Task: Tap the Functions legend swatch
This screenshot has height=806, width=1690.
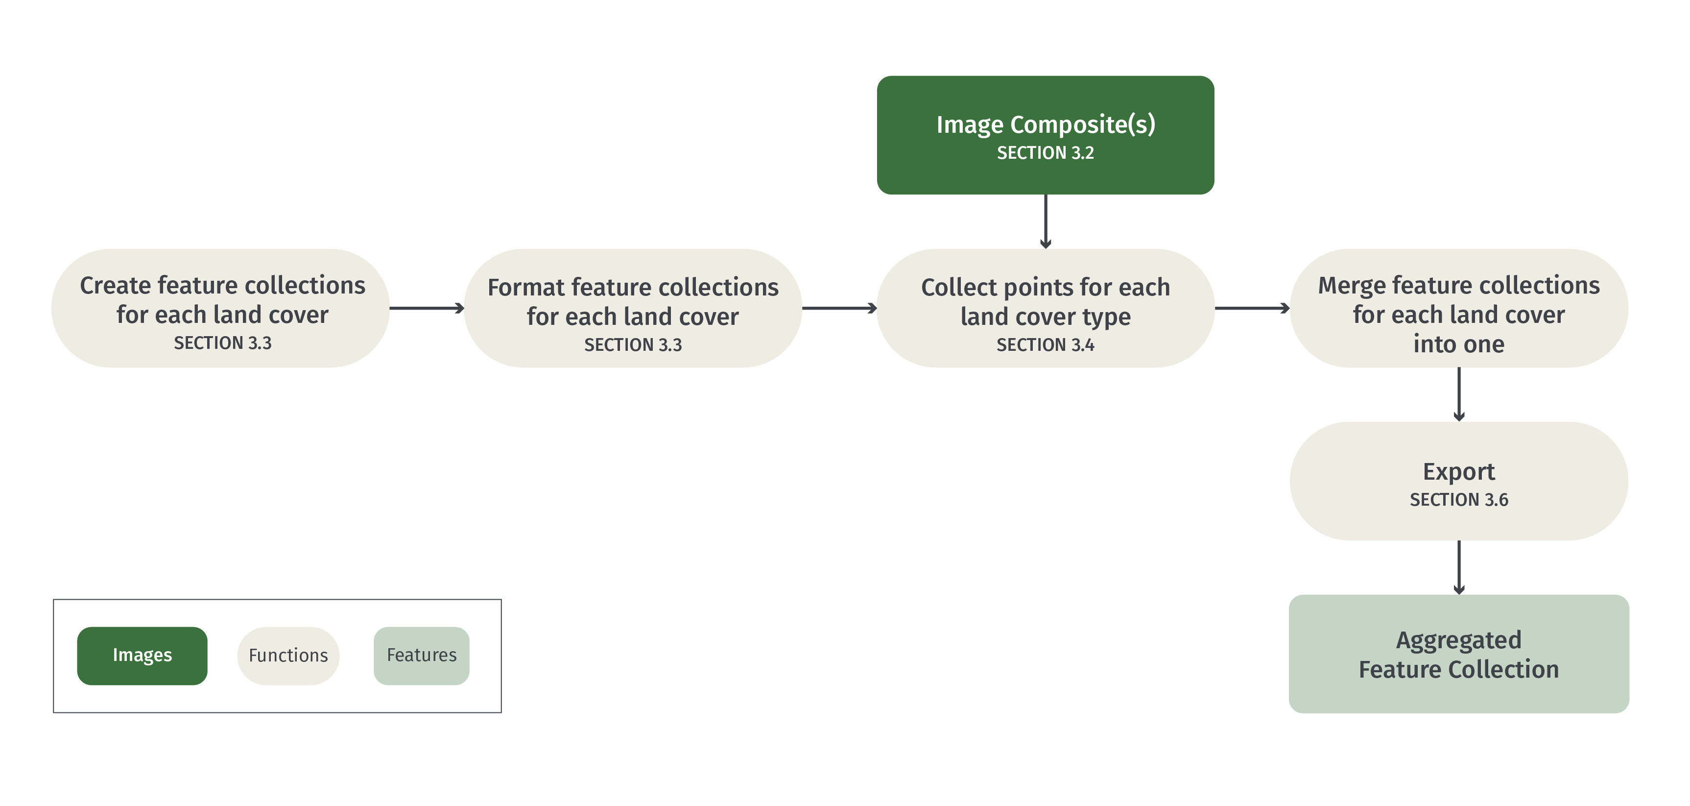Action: (x=288, y=655)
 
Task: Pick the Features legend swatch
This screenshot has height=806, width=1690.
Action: (x=421, y=655)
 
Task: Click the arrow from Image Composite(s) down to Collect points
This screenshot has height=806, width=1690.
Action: (x=1046, y=220)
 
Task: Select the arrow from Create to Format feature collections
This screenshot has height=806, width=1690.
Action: (x=427, y=308)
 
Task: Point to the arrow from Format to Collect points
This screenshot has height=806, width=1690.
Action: (x=839, y=308)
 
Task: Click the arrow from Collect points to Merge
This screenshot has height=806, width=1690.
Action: (x=1252, y=308)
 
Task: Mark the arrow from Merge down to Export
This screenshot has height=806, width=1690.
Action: (x=1458, y=394)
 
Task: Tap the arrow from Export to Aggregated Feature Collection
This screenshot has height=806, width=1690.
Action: (x=1458, y=567)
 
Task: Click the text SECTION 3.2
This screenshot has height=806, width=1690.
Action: (x=1045, y=153)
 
